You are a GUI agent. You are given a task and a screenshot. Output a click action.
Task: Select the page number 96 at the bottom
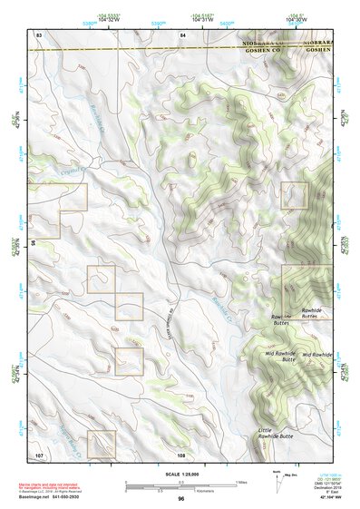click(x=181, y=498)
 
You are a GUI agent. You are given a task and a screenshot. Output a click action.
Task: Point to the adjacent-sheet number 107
click(x=39, y=453)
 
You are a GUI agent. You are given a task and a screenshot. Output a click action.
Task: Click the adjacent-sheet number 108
click(x=181, y=454)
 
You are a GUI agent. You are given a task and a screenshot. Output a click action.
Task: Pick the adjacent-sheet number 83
click(x=39, y=34)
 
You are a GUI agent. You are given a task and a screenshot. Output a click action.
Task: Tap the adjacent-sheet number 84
click(x=181, y=34)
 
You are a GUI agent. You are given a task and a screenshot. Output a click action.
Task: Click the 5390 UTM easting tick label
click(x=158, y=19)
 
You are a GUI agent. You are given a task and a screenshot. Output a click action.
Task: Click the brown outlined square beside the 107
click(x=101, y=443)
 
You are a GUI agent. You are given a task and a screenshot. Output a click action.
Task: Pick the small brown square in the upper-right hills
click(x=294, y=194)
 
